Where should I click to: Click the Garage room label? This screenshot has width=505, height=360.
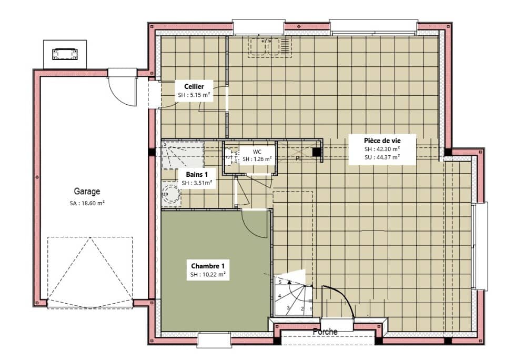pyautogui.click(x=87, y=192)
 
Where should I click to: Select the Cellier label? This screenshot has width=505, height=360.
pyautogui.click(x=194, y=86)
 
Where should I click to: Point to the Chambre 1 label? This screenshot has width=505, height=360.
pyautogui.click(x=208, y=266)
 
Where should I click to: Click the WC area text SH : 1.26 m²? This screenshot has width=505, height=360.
pyautogui.click(x=257, y=159)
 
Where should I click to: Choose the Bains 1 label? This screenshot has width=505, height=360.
pyautogui.click(x=197, y=174)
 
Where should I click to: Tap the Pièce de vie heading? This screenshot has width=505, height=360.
pyautogui.click(x=382, y=141)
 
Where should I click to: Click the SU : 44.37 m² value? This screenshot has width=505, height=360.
pyautogui.click(x=382, y=156)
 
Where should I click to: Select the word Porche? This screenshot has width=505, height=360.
pyautogui.click(x=325, y=332)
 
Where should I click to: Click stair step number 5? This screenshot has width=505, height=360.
pyautogui.click(x=279, y=283)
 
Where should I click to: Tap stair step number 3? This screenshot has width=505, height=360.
pyautogui.click(x=289, y=307)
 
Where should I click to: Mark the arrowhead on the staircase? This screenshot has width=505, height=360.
pyautogui.click(x=289, y=283)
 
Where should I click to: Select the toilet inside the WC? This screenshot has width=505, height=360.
pyautogui.click(x=230, y=156)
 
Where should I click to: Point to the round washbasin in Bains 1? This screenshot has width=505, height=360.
pyautogui.click(x=171, y=194)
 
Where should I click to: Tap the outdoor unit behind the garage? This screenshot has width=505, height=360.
pyautogui.click(x=64, y=54)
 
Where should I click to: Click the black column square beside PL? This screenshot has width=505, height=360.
pyautogui.click(x=317, y=152)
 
